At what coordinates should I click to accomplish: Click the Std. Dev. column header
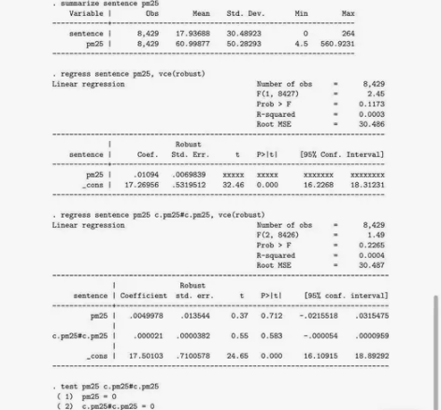point(246,14)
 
